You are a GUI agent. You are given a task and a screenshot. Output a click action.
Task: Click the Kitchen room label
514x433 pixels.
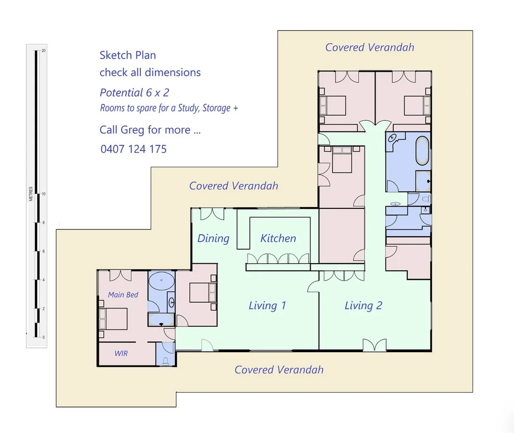pos(278,238)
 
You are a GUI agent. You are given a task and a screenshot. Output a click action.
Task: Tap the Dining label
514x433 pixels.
pos(213,239)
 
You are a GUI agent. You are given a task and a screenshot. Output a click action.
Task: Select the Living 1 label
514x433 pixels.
pos(267,306)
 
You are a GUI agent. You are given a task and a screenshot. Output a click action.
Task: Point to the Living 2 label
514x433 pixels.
pos(363,306)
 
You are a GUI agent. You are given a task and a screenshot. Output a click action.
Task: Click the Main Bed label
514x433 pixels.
pos(123,294)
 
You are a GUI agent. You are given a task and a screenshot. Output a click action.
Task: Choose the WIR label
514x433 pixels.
pos(121,353)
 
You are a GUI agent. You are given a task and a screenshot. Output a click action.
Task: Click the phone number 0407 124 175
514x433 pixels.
pos(134,149)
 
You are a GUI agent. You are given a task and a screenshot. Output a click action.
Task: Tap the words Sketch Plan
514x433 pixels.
pos(127,55)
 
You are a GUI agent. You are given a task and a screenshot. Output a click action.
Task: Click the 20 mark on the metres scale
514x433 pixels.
pos(44,51)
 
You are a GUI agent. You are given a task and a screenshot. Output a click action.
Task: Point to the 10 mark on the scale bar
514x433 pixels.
pos(44,194)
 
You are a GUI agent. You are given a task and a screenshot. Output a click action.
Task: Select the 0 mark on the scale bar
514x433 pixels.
pos(44,337)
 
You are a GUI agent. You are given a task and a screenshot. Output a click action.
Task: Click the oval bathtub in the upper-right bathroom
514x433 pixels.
pos(422,151)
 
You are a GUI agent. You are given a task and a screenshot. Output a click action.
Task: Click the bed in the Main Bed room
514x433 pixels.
pos(113,319)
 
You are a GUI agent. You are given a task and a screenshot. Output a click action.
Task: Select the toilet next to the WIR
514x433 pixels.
pos(165,361)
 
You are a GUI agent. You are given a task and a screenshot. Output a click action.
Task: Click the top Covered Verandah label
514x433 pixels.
pos(369,47)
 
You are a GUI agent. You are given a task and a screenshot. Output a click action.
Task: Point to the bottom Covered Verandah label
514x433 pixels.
pos(279,369)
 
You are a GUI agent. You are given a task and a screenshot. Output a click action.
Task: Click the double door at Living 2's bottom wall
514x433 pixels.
pos(375,345)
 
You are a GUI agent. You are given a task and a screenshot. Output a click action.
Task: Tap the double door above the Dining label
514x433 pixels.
pos(213,214)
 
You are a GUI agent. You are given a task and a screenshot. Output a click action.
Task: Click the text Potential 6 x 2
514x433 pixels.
pos(135,92)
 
